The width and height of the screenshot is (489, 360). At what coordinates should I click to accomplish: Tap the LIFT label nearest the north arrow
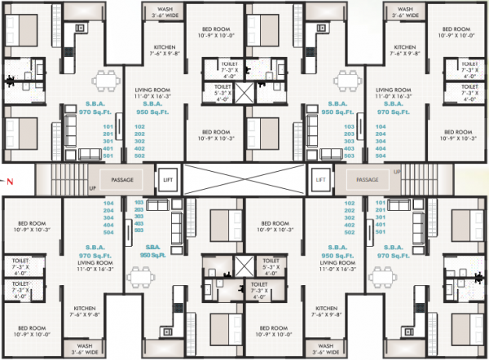point(168,179)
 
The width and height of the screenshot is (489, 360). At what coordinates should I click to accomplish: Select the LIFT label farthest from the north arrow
point(320,179)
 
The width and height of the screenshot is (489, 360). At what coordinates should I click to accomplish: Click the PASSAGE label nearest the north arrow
point(121,179)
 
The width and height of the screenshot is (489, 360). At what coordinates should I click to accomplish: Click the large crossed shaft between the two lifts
point(244,179)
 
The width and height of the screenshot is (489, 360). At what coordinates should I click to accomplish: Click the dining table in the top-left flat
point(105,81)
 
